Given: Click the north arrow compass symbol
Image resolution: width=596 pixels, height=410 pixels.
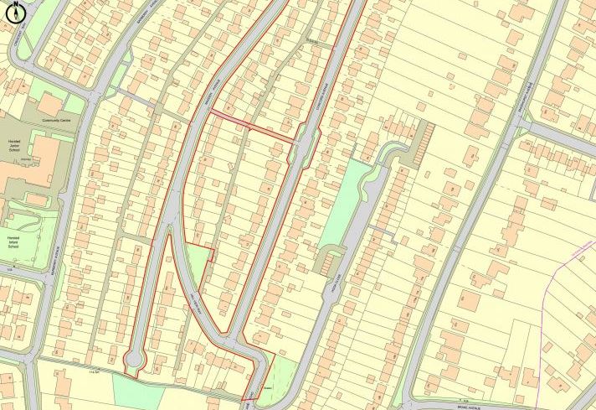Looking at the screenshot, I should [x=14, y=9].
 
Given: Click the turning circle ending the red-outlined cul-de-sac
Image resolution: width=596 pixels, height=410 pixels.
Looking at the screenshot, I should [x=133, y=361].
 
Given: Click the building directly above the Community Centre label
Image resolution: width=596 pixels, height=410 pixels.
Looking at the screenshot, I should [x=49, y=104].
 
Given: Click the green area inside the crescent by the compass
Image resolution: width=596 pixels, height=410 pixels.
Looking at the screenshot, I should [x=25, y=34].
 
